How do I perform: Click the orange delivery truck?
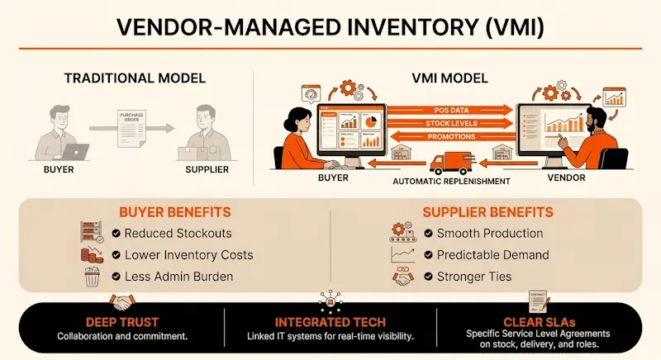pyautogui.click(x=449, y=162)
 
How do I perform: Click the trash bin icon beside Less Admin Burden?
pyautogui.click(x=92, y=278)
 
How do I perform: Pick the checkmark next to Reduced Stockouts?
pyautogui.click(x=117, y=233)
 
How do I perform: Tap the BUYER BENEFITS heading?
pyautogui.click(x=164, y=211)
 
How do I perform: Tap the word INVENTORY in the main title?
pyautogui.click(x=381, y=27)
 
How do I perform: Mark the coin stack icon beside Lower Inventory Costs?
pyautogui.click(x=92, y=255)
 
